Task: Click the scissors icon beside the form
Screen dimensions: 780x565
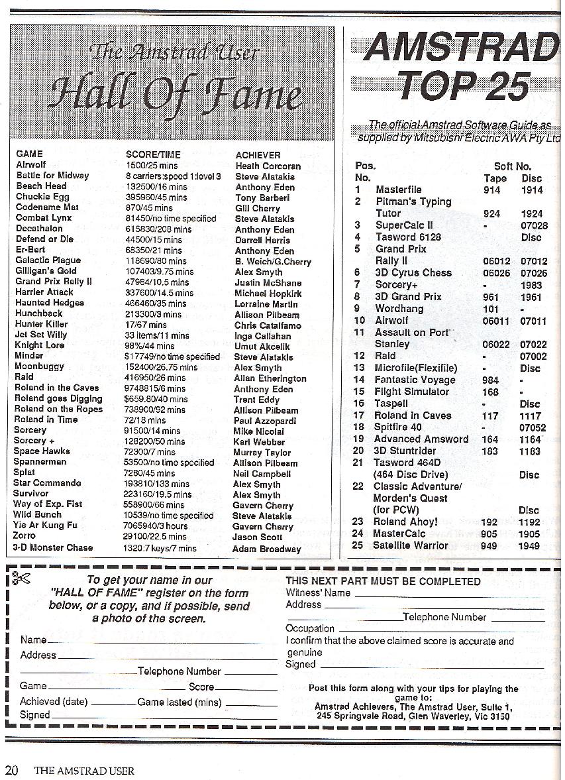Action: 20,579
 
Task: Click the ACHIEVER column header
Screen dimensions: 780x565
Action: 258,154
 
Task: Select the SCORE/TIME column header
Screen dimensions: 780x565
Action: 152,154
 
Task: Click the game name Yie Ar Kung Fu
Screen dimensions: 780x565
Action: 46,526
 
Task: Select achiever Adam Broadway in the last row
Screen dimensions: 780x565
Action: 266,549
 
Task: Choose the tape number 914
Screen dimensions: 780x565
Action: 492,190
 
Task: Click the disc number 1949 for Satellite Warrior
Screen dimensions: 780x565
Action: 531,546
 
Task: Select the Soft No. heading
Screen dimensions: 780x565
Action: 513,166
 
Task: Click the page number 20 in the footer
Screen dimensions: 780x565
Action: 12,770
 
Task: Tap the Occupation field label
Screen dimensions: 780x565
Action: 310,628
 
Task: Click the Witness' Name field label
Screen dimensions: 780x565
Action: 318,593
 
